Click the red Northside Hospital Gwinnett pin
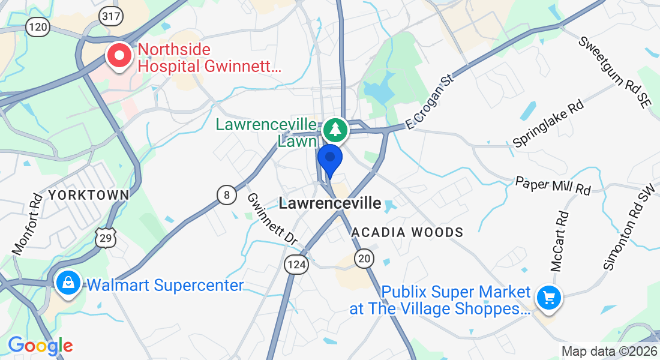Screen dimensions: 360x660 [119, 56]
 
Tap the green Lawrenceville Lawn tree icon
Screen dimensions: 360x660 [335, 130]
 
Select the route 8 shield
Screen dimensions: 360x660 [226, 195]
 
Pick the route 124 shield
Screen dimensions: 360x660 [296, 265]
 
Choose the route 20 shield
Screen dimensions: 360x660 [364, 259]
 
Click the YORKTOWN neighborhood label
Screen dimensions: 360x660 [89, 195]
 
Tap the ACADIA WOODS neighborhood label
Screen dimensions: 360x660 [407, 232]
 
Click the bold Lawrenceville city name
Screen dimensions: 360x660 [330, 203]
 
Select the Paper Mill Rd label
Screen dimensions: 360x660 [553, 185]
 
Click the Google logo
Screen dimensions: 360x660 [40, 346]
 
